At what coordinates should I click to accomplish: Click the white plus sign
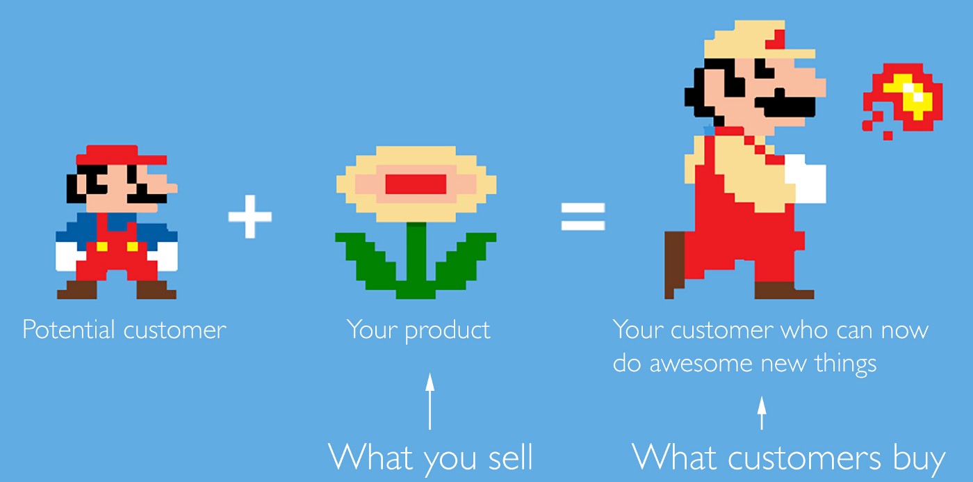(x=250, y=216)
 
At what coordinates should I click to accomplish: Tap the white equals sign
(x=583, y=217)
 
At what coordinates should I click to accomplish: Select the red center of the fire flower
(x=416, y=184)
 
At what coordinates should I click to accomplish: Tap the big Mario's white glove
(x=805, y=179)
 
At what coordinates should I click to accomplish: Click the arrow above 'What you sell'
(x=430, y=401)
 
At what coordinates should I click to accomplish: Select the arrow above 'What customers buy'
(x=762, y=413)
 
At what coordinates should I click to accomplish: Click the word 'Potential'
(x=69, y=329)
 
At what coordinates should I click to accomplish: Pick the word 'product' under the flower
(x=448, y=330)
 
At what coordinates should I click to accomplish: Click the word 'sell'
(x=510, y=456)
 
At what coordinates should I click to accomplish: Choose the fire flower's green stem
(x=416, y=260)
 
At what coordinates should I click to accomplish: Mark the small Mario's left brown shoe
(x=77, y=289)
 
